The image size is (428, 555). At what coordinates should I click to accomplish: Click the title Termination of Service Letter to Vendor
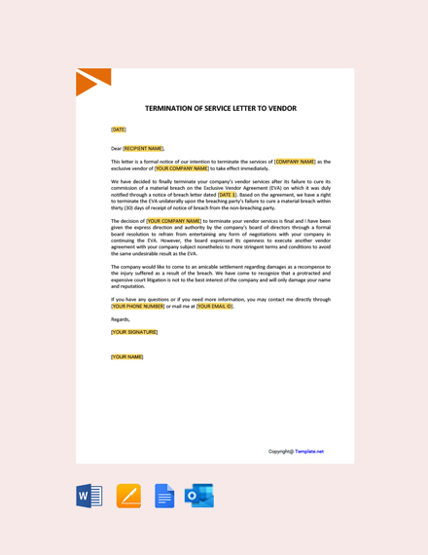(x=221, y=109)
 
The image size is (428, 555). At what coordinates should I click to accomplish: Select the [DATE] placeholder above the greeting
(x=119, y=129)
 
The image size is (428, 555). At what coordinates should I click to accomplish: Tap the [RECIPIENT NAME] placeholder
(x=143, y=148)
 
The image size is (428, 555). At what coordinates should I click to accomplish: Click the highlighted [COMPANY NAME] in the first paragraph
(x=295, y=162)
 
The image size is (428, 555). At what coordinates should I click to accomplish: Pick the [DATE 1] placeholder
(x=227, y=195)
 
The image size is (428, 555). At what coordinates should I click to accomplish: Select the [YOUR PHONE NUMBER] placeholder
(x=138, y=306)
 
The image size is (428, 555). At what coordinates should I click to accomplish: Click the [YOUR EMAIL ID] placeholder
(x=214, y=306)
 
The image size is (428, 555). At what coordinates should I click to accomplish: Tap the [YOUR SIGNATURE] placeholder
(x=134, y=332)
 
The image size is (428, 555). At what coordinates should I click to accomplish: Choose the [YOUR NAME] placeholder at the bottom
(x=127, y=356)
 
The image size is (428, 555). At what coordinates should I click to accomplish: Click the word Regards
(x=120, y=318)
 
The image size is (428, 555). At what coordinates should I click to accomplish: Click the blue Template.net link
(x=309, y=451)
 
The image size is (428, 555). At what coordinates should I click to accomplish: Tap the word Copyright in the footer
(x=281, y=451)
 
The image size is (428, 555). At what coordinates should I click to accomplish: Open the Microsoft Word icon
(x=89, y=496)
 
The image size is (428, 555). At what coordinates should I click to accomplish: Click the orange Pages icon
(x=128, y=496)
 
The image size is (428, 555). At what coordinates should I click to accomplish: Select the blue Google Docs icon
(x=164, y=496)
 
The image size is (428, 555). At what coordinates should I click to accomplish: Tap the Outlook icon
(x=199, y=496)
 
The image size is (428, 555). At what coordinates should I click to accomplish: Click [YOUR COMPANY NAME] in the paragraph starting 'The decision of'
(x=174, y=221)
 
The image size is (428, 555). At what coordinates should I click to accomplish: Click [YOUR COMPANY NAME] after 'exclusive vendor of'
(x=183, y=168)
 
